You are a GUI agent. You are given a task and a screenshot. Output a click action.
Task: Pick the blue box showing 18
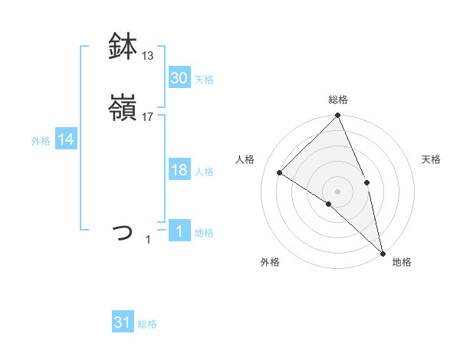(x=179, y=170)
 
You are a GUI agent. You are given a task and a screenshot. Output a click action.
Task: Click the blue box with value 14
(x=66, y=139)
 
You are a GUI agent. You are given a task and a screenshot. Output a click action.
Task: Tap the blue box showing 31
(x=123, y=322)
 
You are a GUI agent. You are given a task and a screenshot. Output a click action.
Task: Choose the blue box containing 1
(x=179, y=231)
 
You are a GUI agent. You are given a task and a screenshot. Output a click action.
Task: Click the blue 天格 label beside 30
(x=204, y=79)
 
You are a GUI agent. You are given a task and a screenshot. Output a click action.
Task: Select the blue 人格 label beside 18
(x=204, y=172)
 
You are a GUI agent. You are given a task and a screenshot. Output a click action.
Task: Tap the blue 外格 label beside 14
(x=41, y=141)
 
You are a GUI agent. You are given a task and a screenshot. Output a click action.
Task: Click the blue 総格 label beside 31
(x=147, y=324)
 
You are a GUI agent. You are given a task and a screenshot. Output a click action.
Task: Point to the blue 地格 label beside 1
(x=204, y=233)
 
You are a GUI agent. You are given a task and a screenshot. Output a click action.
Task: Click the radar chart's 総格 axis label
(x=338, y=100)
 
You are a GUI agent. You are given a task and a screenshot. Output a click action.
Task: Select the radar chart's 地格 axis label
(x=402, y=262)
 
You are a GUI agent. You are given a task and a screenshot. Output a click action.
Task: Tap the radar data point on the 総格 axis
(x=338, y=116)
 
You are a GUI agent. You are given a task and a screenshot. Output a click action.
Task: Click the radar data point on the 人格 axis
(x=280, y=172)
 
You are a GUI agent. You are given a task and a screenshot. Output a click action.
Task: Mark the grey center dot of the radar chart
(x=338, y=191)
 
